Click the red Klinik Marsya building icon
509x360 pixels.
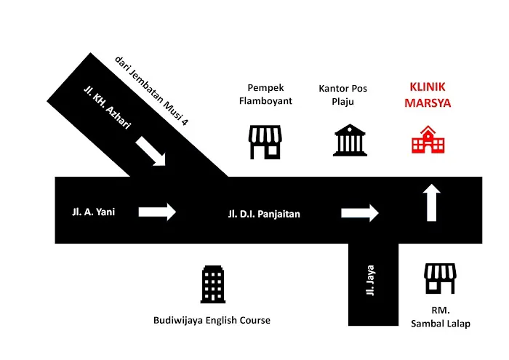428,140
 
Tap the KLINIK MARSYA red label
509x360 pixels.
428,95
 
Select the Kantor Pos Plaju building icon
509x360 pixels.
350,140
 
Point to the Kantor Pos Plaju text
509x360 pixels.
342,95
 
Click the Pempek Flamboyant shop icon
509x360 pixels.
265,143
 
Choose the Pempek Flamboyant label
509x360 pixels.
265,94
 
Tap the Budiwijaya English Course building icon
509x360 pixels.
213,284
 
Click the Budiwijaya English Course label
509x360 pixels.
212,321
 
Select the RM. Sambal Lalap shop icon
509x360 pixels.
440,279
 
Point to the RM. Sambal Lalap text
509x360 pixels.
441,317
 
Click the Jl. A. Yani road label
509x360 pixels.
94,212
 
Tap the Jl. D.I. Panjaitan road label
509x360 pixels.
264,214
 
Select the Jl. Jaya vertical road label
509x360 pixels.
370,281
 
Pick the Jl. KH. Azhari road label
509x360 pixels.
108,107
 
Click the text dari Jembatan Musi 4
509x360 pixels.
151,91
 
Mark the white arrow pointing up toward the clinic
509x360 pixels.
432,203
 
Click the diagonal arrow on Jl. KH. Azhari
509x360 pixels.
151,151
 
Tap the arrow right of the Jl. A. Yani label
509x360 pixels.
158,212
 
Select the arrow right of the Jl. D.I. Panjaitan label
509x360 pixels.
360,213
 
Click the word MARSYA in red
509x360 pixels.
428,103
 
